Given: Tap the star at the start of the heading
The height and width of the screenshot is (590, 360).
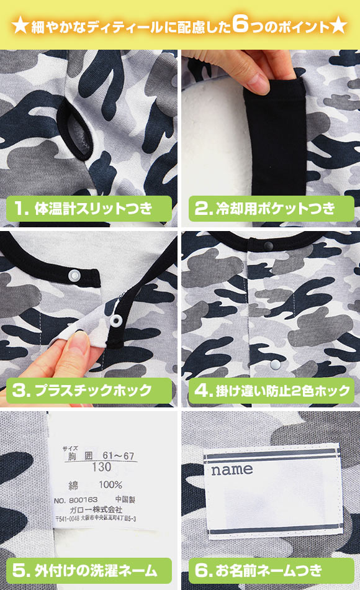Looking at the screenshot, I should pyautogui.click(x=19, y=27).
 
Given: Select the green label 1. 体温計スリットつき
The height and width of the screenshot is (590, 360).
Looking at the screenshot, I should pyautogui.click(x=88, y=208).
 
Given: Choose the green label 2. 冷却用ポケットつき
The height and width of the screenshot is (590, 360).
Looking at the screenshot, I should pyautogui.click(x=271, y=208).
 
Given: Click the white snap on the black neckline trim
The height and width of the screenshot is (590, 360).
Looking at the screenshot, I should pyautogui.click(x=74, y=274).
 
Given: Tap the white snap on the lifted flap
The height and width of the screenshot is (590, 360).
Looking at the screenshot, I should pyautogui.click(x=115, y=320).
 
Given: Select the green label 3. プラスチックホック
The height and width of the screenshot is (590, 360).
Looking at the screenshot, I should pyautogui.click(x=88, y=391).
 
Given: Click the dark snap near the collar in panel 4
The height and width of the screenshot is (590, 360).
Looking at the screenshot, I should pyautogui.click(x=268, y=247).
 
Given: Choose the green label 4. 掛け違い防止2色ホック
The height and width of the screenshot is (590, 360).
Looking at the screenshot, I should pyautogui.click(x=271, y=391).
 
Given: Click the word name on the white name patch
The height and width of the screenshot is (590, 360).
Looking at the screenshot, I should pyautogui.click(x=232, y=470).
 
